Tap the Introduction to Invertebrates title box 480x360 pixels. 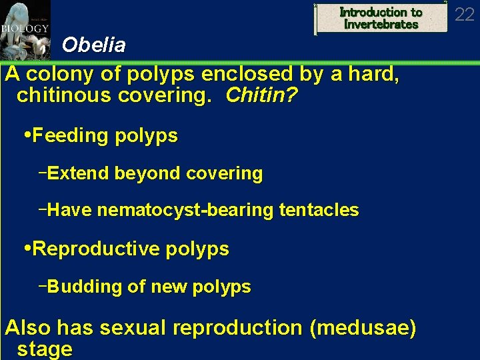(381, 18)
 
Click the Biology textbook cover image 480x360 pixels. (25, 30)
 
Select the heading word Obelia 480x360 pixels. (93, 45)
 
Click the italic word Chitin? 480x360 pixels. (261, 96)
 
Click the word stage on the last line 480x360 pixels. (45, 349)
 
